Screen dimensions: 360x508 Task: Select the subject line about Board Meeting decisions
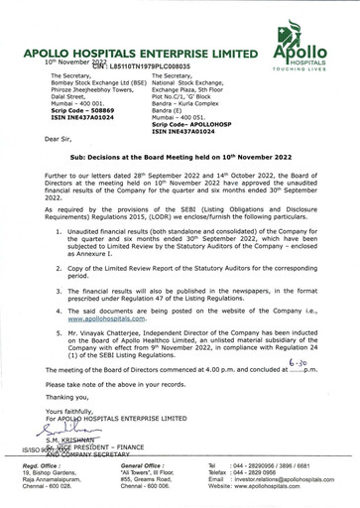tap(180, 186)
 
